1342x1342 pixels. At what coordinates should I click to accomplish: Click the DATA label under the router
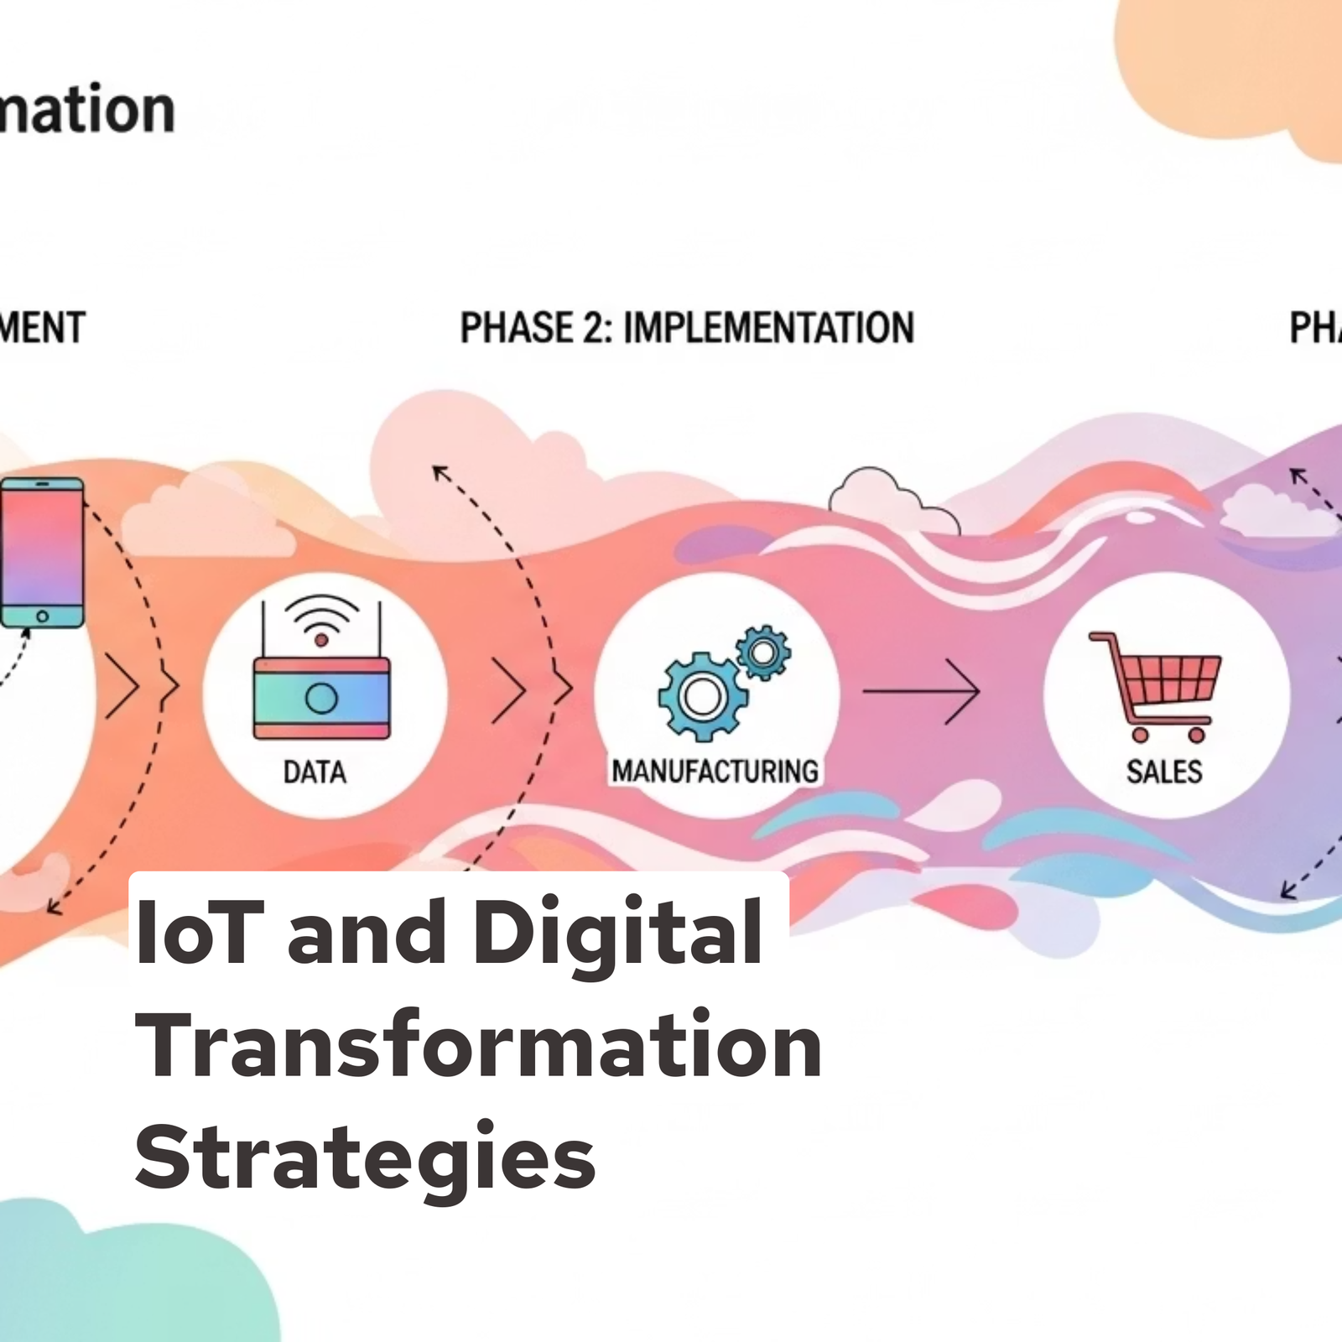tap(315, 772)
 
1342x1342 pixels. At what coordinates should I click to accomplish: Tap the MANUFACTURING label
tap(715, 771)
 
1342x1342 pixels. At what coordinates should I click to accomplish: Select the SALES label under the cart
tap(1164, 772)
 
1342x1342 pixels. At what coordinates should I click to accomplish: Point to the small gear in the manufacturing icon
tap(762, 652)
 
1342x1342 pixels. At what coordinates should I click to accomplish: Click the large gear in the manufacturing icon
tap(702, 696)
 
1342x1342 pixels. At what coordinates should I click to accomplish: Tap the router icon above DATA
tap(321, 697)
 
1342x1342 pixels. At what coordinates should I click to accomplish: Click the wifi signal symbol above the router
tap(321, 621)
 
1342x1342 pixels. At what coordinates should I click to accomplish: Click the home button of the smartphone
tap(42, 616)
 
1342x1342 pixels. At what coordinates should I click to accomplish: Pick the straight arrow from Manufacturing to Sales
tap(921, 691)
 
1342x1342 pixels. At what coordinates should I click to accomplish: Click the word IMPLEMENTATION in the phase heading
tap(768, 328)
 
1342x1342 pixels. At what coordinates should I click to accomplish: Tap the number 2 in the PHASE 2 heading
tap(593, 328)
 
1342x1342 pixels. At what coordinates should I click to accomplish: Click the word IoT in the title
tap(200, 932)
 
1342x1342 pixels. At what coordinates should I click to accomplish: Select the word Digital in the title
tap(617, 932)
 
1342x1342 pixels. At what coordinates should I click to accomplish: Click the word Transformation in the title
tap(478, 1045)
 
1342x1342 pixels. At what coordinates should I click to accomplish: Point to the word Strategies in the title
tap(365, 1157)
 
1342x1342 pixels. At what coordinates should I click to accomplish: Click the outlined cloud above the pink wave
tap(892, 501)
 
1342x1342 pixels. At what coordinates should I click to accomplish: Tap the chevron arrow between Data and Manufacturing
tap(510, 691)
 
